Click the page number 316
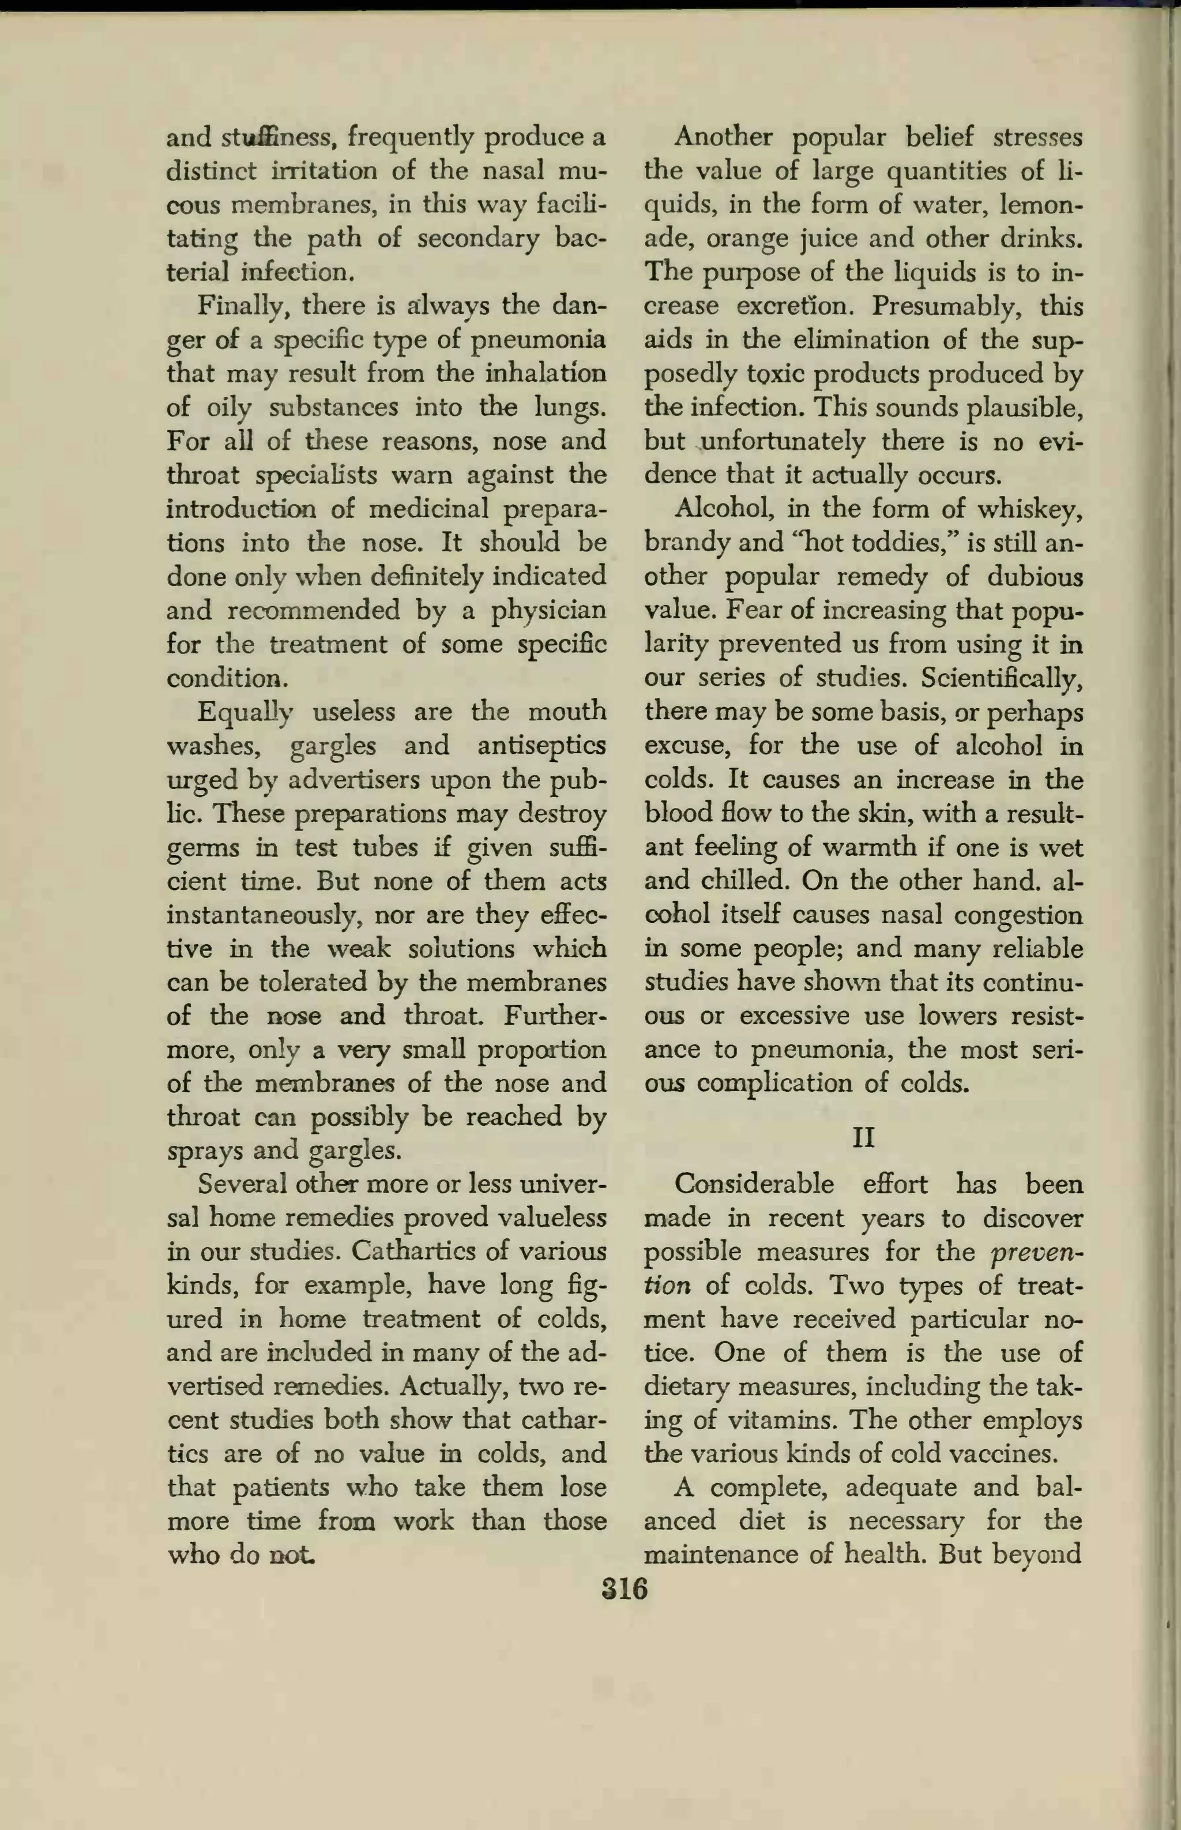625,1588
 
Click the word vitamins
782,1421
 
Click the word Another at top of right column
724,137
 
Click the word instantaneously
261,915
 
